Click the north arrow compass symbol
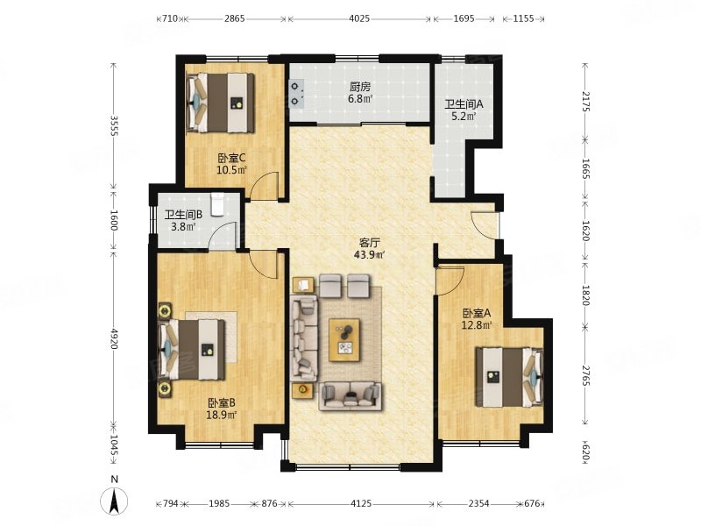pyautogui.click(x=115, y=501)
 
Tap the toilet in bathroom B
pyautogui.click(x=217, y=204)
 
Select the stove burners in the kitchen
pyautogui.click(x=296, y=93)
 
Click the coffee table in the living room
pyautogui.click(x=344, y=339)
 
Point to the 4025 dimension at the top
pyautogui.click(x=359, y=18)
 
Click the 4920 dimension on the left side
pyautogui.click(x=114, y=338)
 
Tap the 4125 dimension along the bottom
pyautogui.click(x=361, y=503)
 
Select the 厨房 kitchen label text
pyautogui.click(x=360, y=86)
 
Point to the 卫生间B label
pyautogui.click(x=183, y=215)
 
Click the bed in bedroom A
pyautogui.click(x=509, y=377)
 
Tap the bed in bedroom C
pyautogui.click(x=221, y=103)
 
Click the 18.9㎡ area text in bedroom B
pyautogui.click(x=222, y=415)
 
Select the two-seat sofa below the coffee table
pyautogui.click(x=350, y=396)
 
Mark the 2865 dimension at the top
pyautogui.click(x=235, y=18)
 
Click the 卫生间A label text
pyautogui.click(x=464, y=104)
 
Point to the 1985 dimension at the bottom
pyautogui.click(x=219, y=503)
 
